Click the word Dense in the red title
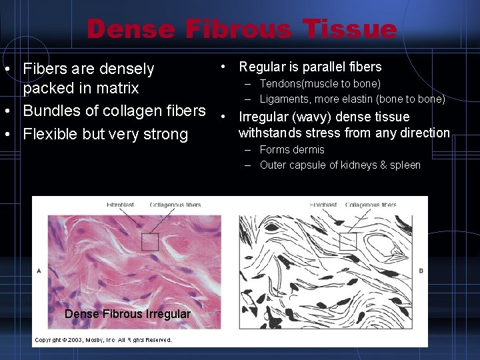131,29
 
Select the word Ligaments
283,99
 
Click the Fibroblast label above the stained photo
120,205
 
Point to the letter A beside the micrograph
39,271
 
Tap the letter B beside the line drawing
421,271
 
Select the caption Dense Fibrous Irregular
127,314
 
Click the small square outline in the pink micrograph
150,242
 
